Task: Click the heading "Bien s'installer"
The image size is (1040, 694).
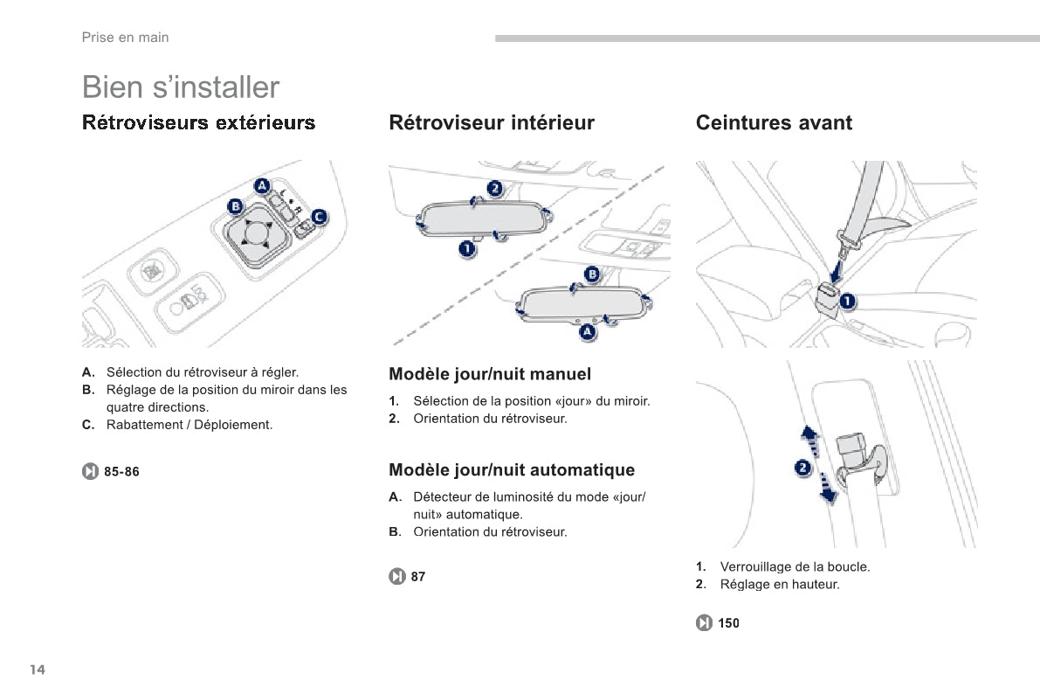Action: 181,87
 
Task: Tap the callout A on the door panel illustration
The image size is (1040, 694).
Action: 262,184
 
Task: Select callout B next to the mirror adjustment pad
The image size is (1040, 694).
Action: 235,207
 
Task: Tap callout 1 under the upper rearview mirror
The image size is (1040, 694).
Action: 468,250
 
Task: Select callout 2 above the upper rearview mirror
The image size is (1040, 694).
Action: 494,188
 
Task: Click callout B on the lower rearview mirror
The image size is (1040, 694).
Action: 592,274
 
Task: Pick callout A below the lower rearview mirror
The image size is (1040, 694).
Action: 588,331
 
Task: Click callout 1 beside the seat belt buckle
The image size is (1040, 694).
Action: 848,302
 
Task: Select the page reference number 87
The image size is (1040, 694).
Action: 418,577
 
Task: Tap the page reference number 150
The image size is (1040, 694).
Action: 728,623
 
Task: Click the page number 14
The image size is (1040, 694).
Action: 37,670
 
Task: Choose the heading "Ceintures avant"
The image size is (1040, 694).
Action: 774,123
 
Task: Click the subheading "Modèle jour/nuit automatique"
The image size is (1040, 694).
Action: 512,470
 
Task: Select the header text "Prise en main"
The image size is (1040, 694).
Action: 125,38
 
